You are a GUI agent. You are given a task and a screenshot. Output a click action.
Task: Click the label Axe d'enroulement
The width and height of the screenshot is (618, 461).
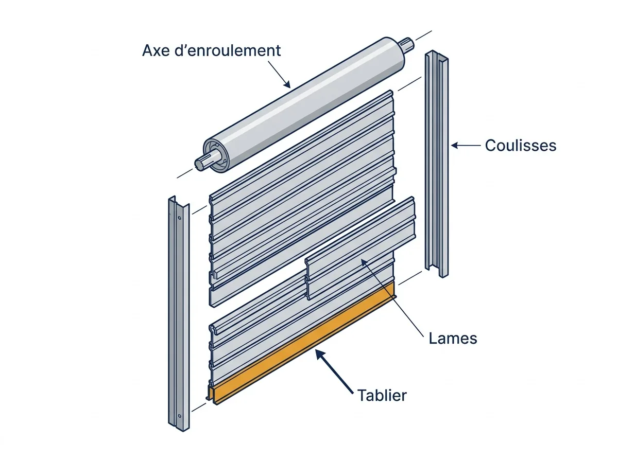point(211,50)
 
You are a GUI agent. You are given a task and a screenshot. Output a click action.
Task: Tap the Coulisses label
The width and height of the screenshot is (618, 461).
point(521,146)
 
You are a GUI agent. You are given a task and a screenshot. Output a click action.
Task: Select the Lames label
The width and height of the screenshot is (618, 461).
point(453,338)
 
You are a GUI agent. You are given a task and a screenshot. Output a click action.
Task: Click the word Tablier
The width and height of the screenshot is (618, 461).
point(382,396)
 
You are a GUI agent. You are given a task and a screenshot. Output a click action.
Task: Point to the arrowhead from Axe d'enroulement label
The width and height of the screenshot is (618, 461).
point(287,84)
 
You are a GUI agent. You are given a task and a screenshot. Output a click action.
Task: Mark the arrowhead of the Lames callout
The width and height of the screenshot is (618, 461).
point(364,262)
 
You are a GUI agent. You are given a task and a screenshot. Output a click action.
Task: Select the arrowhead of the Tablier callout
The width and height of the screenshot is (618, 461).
point(319,354)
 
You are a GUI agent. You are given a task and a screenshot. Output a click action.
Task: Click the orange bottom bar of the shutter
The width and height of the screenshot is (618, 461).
point(303,345)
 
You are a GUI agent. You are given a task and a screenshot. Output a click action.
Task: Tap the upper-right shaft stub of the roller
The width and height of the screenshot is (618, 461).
point(407,44)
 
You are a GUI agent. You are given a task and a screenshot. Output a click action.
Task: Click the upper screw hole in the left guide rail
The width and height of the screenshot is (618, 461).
point(179,218)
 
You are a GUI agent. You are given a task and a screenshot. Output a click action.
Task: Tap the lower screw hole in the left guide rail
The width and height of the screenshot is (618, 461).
point(179,416)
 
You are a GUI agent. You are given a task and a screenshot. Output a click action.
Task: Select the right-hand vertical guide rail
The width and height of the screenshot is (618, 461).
point(437,164)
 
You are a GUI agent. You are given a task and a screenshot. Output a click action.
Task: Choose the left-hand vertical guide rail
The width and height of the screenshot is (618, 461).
point(179,314)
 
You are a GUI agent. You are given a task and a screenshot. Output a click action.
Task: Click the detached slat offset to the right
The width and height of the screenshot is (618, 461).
point(360,249)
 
